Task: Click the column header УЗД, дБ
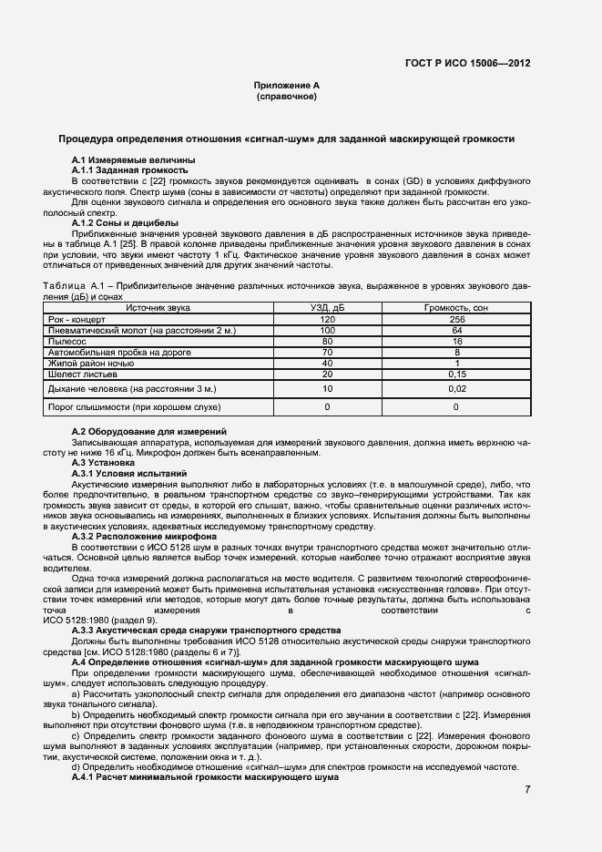[328, 309]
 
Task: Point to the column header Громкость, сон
[456, 309]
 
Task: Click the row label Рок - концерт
[77, 320]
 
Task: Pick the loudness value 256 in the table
[456, 320]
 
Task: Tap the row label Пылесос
[66, 342]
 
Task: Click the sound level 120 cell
[328, 320]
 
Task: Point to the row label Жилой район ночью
[89, 364]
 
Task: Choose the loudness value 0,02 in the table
[456, 389]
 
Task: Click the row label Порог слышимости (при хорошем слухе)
[134, 406]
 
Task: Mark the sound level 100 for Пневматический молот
[328, 331]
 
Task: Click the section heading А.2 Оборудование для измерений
[149, 430]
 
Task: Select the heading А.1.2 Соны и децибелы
[125, 223]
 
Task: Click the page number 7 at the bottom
[527, 789]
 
